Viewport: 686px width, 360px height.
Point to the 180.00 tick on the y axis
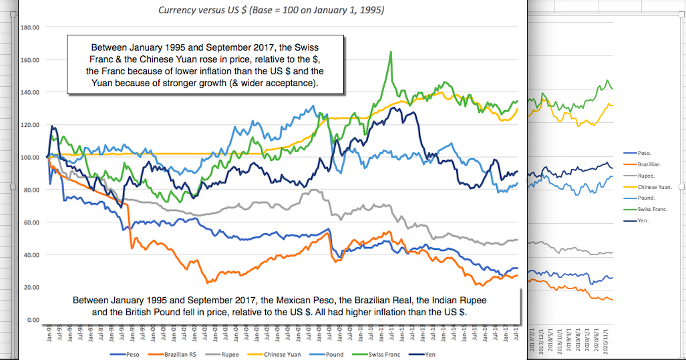coord(31,27)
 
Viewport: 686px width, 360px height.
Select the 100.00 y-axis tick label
coord(31,158)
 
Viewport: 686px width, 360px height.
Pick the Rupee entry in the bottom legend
coord(230,355)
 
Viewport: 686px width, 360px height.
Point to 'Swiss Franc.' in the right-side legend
coord(653,210)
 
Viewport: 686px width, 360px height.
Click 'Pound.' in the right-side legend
coord(647,198)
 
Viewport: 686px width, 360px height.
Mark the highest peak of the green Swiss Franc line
coord(390,52)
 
